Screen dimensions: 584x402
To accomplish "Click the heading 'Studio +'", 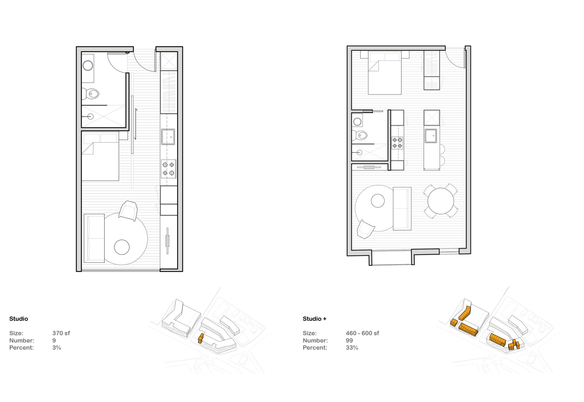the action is pos(315,319).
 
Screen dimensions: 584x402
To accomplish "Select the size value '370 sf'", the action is pos(61,333).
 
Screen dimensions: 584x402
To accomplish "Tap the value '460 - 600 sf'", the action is pos(362,333).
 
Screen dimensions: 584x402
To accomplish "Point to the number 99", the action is pos(349,341).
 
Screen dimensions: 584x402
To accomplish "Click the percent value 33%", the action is pos(352,348).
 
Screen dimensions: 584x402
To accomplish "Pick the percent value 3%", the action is pos(57,348).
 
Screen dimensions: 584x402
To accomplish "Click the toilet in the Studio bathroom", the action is pos(91,94).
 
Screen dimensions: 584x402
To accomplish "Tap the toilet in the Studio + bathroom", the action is pos(360,135).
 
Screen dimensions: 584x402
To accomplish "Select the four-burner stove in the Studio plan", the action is pos(169,169).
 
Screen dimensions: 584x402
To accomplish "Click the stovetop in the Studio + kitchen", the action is pos(397,143).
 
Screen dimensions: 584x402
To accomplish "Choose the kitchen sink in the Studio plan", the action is pos(168,137).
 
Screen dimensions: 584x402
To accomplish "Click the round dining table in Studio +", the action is pos(440,201).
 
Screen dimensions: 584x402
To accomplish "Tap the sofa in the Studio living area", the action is pos(94,238).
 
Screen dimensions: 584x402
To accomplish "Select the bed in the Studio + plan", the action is pos(385,73).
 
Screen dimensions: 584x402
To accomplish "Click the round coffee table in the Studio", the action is pos(122,247).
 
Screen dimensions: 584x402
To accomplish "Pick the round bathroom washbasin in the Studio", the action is pos(88,65).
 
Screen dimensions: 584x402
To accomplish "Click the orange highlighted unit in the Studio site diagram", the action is pos(200,338).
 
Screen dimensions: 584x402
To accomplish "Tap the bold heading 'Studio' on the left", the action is pos(19,319).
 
